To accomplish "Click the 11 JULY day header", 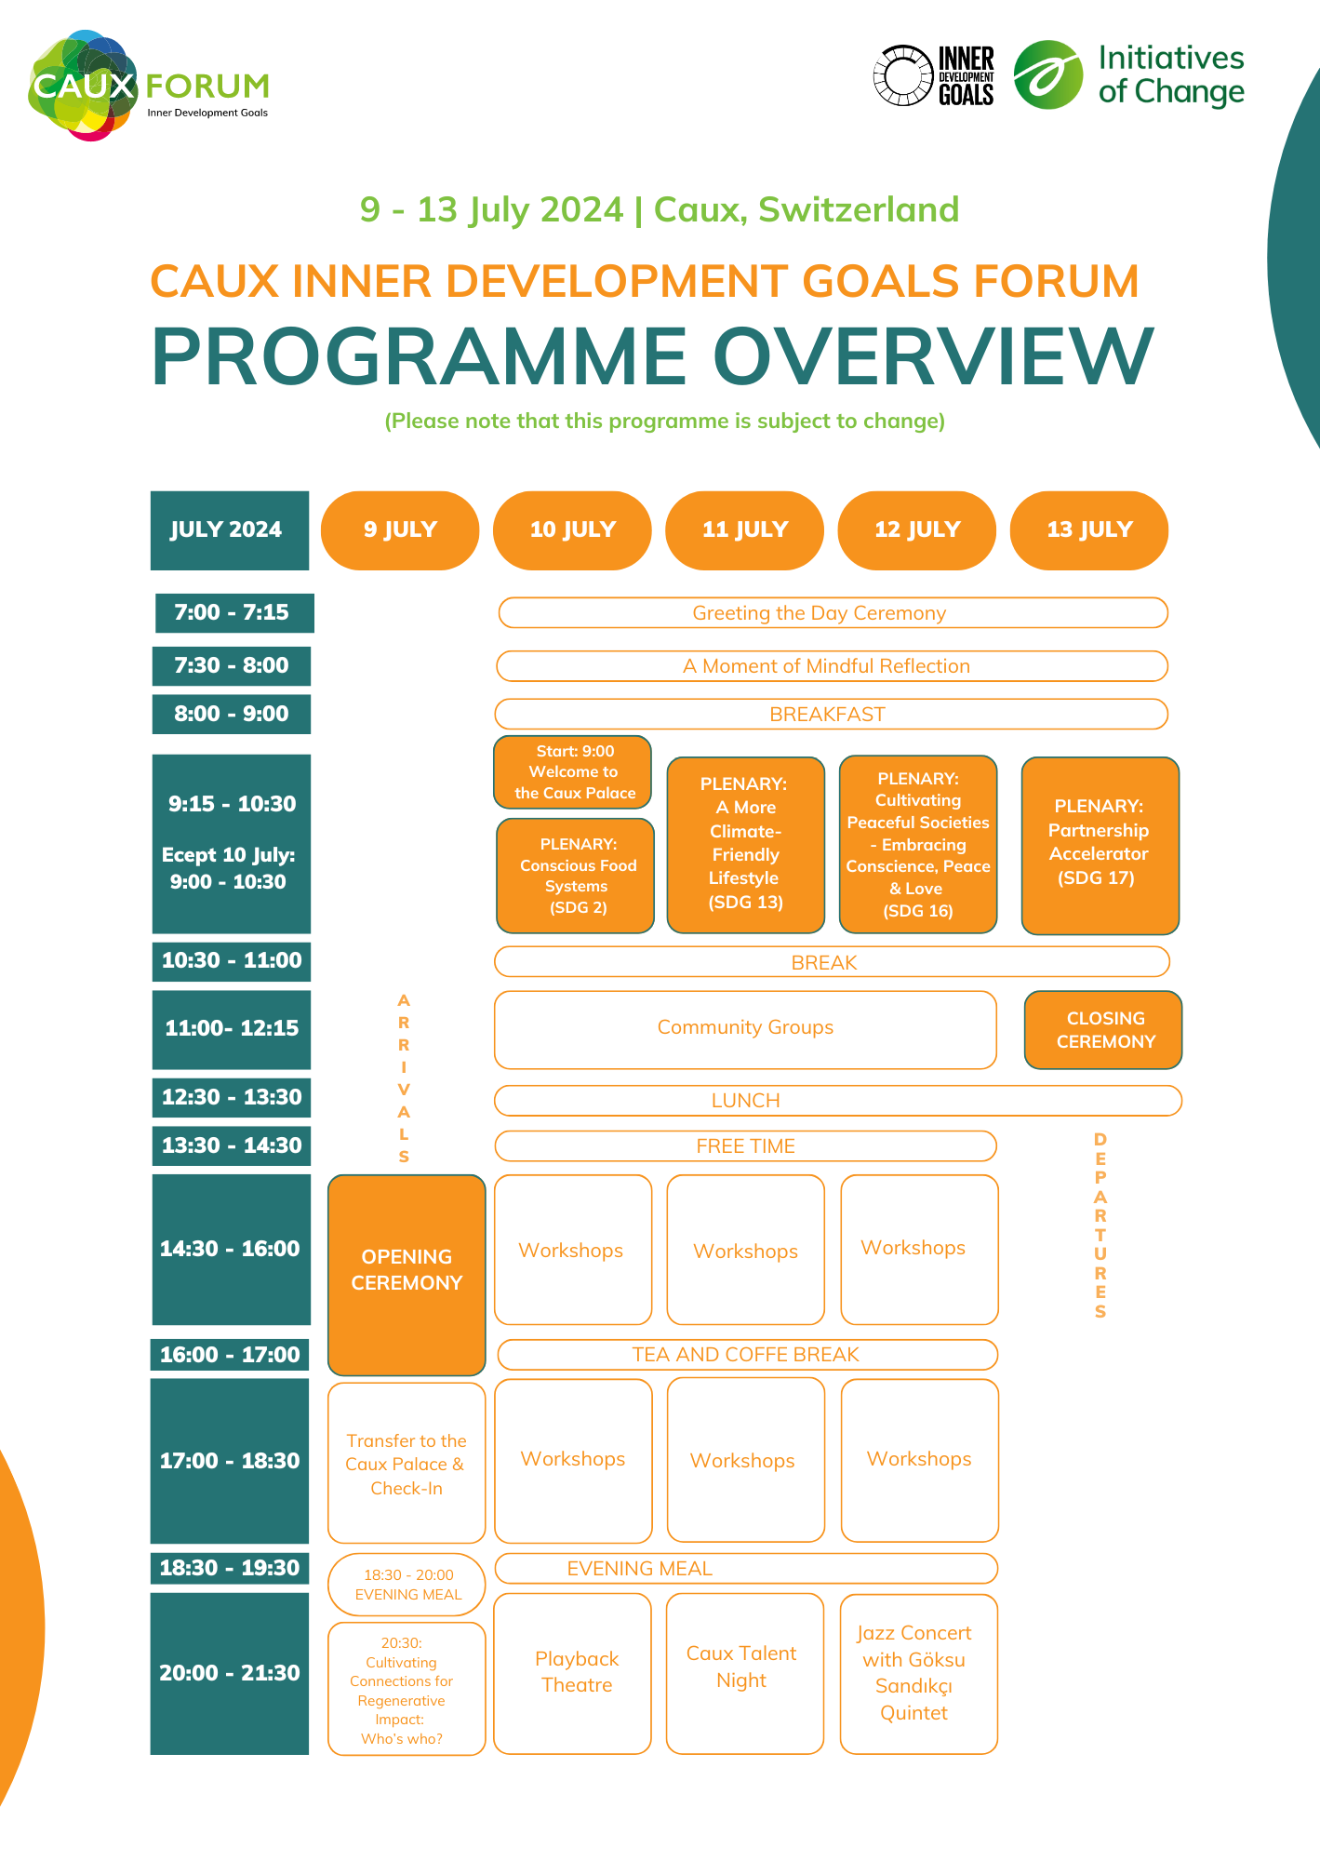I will [x=744, y=530].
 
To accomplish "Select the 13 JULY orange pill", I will [x=1088, y=530].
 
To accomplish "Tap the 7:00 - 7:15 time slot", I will [x=233, y=613].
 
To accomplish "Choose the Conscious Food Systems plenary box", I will [x=576, y=876].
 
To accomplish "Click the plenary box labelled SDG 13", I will [x=745, y=845].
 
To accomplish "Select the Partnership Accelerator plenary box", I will [x=1100, y=845].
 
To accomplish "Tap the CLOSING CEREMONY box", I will [x=1103, y=1030].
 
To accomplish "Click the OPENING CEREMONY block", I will [x=407, y=1274].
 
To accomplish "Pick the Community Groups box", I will [x=745, y=1029].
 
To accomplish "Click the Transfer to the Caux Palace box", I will [x=407, y=1463].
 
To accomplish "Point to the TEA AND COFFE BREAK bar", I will [x=747, y=1355].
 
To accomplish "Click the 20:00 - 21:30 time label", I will [x=230, y=1673].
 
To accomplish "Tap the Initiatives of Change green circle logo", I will [x=1047, y=74].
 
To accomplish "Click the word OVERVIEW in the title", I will [x=933, y=356].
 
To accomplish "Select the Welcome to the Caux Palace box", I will [x=573, y=772].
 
